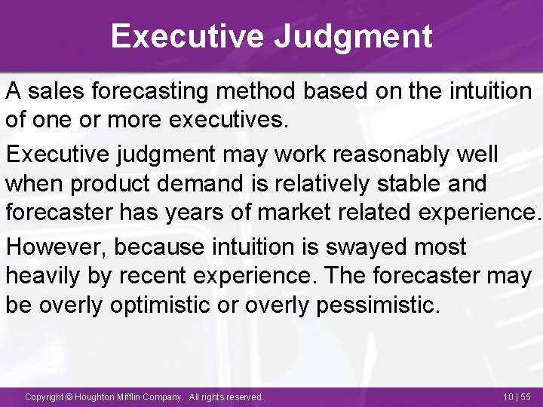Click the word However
click(x=52, y=246)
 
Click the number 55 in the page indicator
click(x=526, y=396)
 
